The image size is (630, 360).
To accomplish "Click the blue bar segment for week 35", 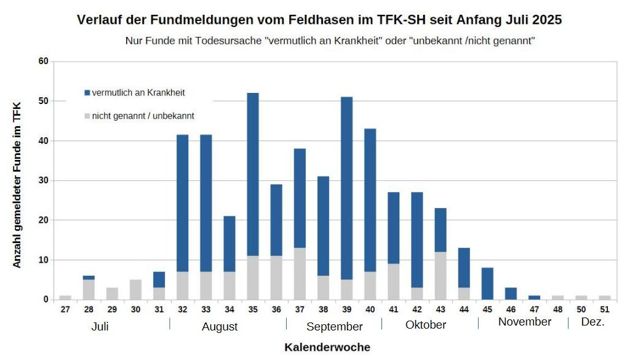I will [x=253, y=174].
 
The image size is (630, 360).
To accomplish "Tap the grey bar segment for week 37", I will [x=300, y=273].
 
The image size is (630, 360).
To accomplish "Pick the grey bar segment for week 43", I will [x=441, y=275].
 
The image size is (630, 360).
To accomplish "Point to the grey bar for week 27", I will [x=65, y=297].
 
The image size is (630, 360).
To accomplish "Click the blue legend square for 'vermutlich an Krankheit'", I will [x=87, y=93].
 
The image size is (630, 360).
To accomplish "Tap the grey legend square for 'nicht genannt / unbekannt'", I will [x=87, y=116].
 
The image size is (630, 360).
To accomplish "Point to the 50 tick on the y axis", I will [x=42, y=101].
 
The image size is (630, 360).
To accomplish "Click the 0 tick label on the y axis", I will [x=45, y=300].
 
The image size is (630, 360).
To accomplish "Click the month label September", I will [x=334, y=326].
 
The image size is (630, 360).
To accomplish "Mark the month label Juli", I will [x=100, y=326].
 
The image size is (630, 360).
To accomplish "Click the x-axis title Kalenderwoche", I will [x=327, y=347].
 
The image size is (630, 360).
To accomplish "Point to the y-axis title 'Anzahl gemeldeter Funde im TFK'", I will [x=17, y=185].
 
